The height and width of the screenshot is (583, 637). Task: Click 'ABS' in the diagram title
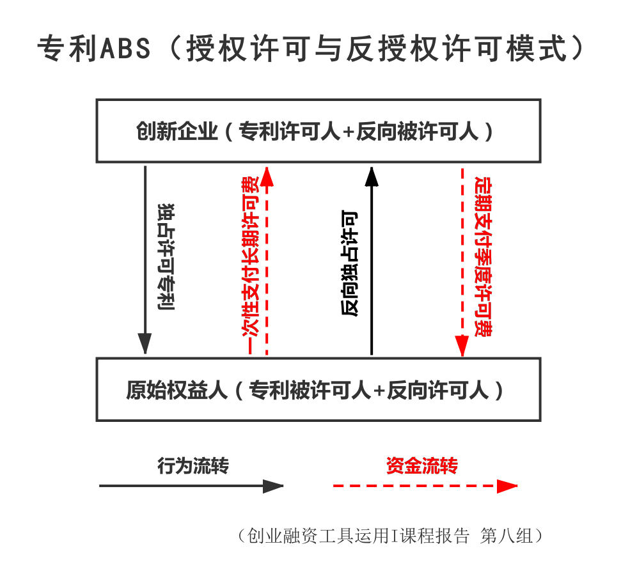tap(125, 49)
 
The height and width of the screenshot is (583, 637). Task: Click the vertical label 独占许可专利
tap(166, 257)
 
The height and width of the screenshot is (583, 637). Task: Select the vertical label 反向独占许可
tap(349, 263)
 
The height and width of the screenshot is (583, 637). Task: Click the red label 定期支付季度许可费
tap(483, 256)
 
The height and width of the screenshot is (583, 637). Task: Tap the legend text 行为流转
tap(193, 465)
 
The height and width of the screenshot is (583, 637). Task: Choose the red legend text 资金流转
tap(421, 465)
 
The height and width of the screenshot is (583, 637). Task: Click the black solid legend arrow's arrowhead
tap(273, 486)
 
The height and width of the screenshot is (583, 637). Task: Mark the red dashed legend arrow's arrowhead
tap(507, 486)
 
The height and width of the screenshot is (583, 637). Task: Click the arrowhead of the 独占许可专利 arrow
tap(145, 343)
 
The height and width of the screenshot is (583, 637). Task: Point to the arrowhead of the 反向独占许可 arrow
tap(372, 176)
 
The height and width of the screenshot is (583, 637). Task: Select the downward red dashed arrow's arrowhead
tap(462, 346)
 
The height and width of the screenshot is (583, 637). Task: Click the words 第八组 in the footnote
tap(506, 536)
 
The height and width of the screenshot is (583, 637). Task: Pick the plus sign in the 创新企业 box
tap(349, 132)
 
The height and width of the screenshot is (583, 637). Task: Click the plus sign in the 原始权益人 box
tap(379, 391)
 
